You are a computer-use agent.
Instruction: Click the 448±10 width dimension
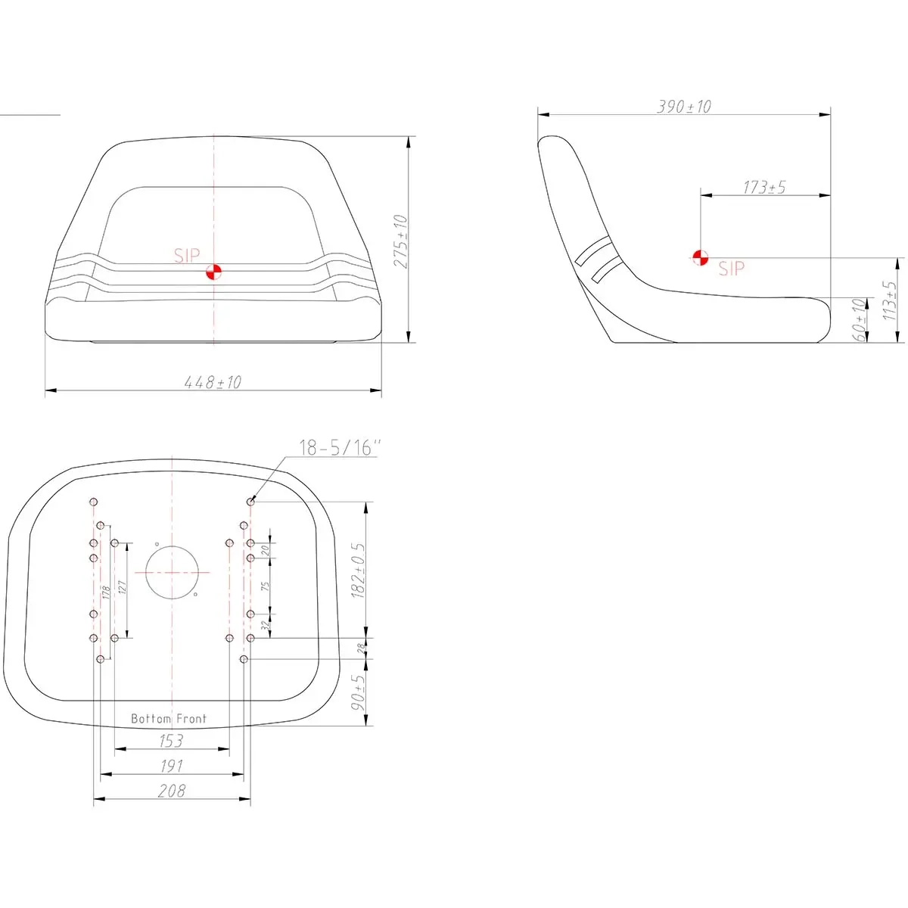click(x=213, y=381)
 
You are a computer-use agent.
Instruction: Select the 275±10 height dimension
click(x=400, y=241)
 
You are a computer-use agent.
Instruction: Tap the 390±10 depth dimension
click(x=684, y=107)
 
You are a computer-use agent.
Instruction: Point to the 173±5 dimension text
click(x=764, y=187)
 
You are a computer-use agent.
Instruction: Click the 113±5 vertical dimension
click(x=889, y=301)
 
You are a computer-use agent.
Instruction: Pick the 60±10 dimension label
click(x=860, y=320)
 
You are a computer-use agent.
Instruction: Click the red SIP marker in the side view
click(x=700, y=258)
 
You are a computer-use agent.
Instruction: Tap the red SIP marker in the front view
click(x=213, y=272)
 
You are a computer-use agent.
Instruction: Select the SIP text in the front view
click(x=187, y=256)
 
